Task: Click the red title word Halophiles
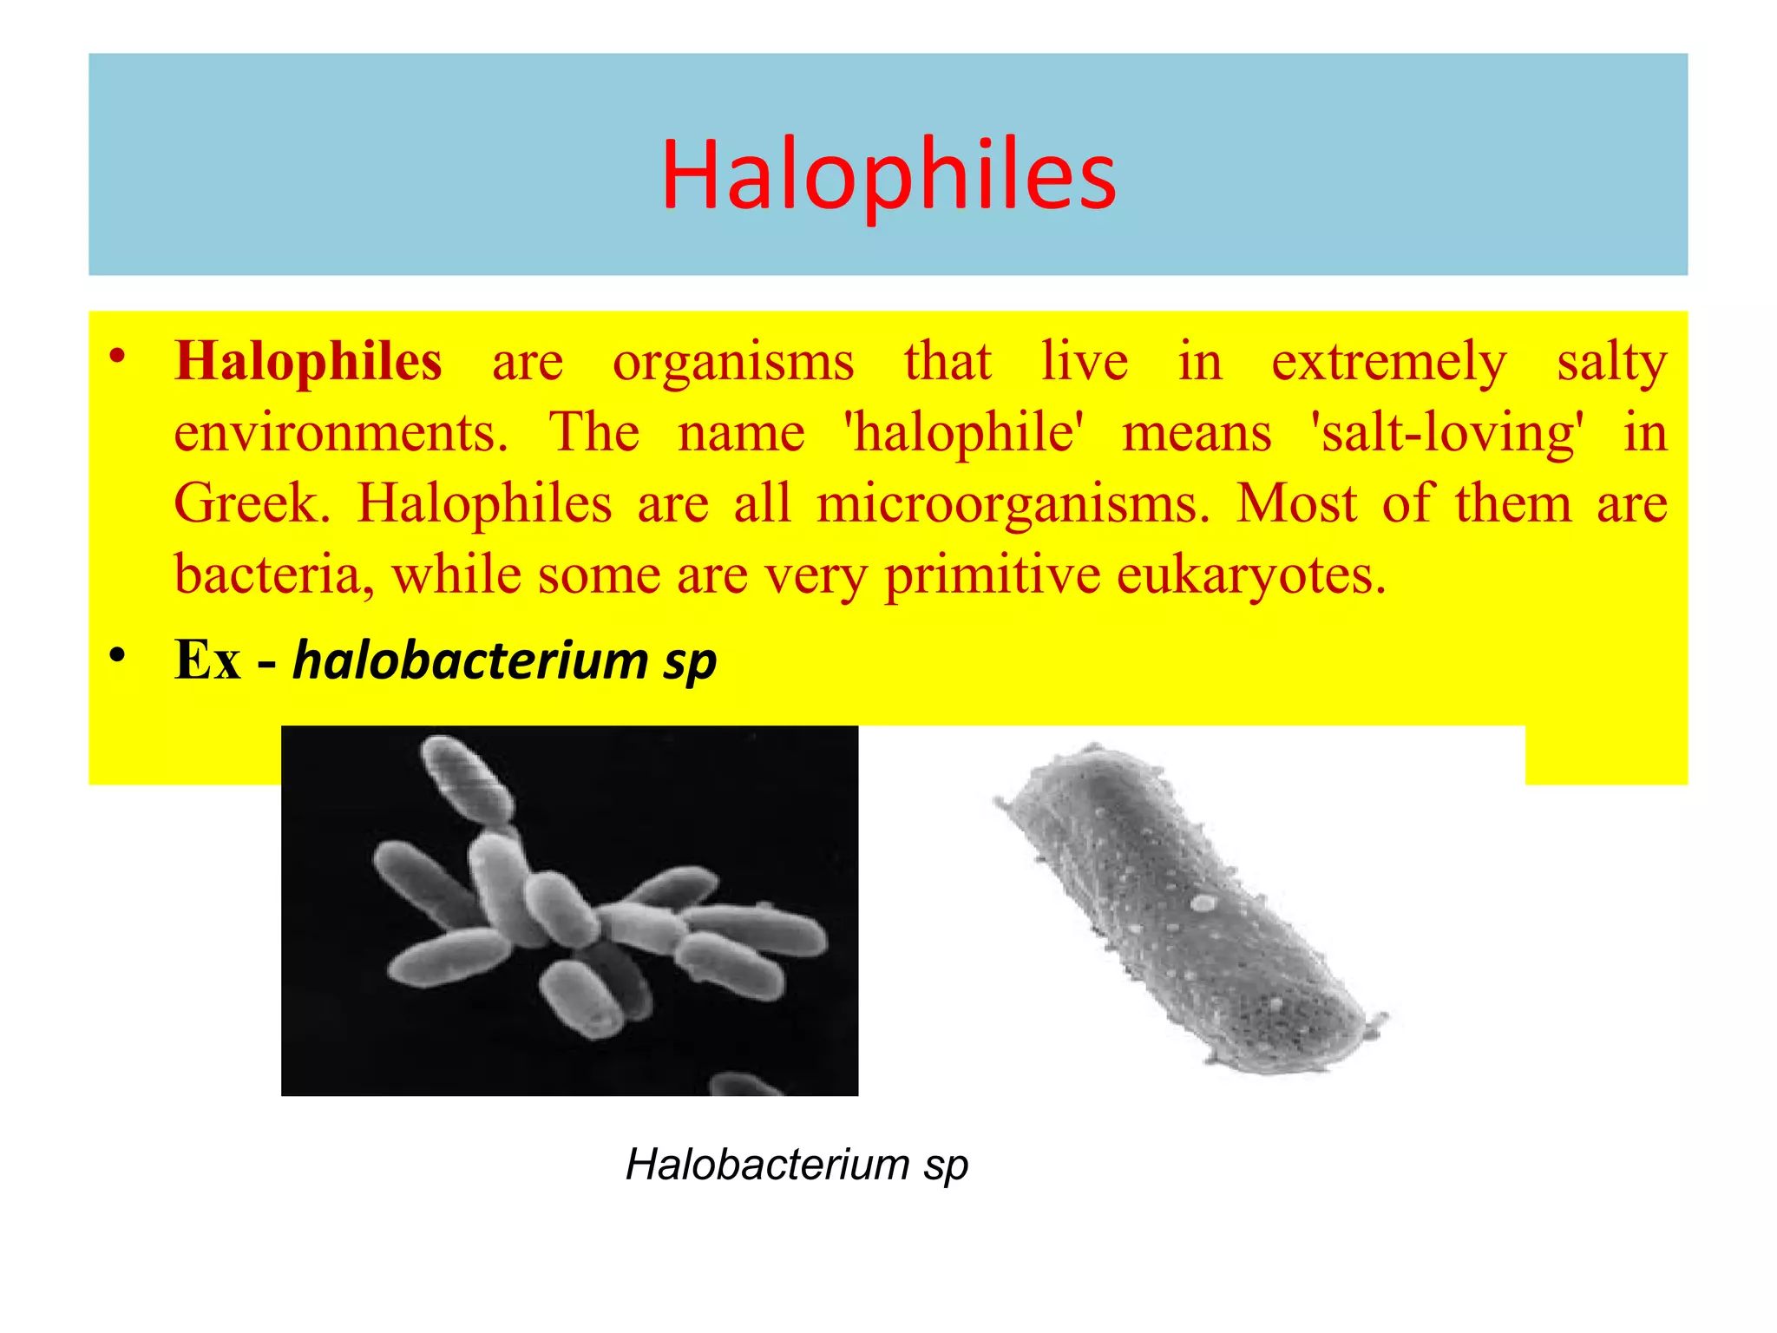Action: coord(888,176)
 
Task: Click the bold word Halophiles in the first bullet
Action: coord(308,361)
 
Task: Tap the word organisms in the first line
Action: coord(733,363)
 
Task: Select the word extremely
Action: coord(1389,363)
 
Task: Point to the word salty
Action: coord(1612,363)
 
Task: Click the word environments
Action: coord(340,432)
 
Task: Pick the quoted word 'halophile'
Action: coord(964,432)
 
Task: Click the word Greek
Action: coord(252,503)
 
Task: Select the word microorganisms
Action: coord(1013,503)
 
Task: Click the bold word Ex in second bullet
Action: coord(207,660)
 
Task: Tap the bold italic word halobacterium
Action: coord(470,660)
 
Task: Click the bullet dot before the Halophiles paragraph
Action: coord(118,357)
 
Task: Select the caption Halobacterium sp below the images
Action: coord(797,1165)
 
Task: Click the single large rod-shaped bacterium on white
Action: coord(1189,907)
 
